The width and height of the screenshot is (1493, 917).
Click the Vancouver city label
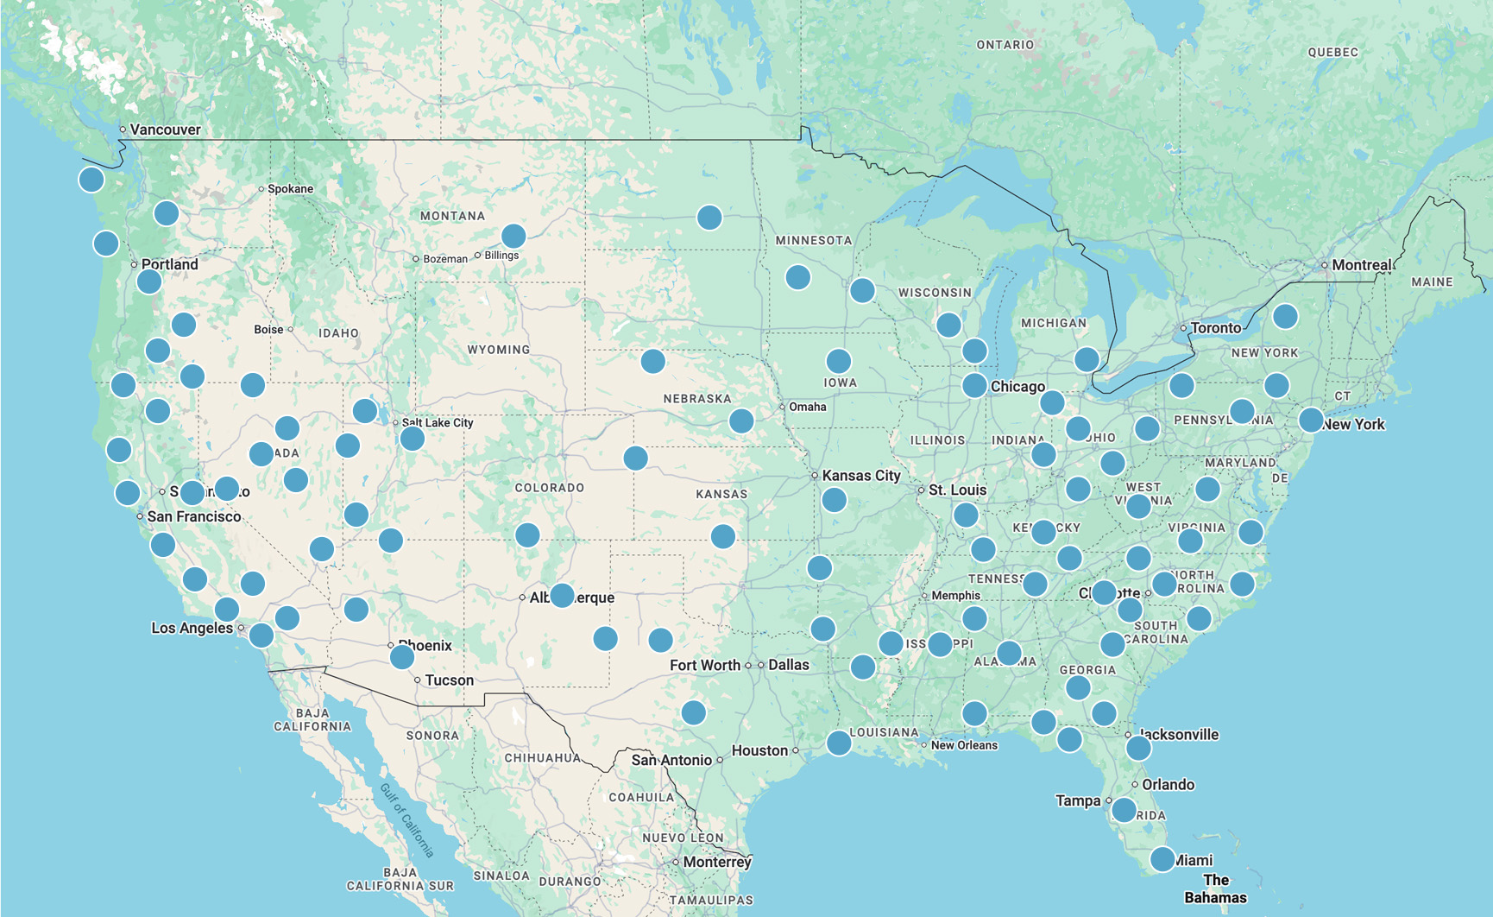click(165, 130)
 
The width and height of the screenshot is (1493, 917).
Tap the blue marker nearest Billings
click(513, 236)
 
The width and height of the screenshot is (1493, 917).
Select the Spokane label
click(290, 189)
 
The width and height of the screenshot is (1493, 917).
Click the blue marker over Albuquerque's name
click(562, 595)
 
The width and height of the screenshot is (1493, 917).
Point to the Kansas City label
click(860, 476)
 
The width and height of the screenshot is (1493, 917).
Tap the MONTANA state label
click(452, 216)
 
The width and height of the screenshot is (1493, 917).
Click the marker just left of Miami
click(1162, 859)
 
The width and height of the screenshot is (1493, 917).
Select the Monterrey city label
click(716, 862)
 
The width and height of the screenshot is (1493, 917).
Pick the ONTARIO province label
click(1005, 45)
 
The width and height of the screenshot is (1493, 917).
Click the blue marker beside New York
click(1311, 421)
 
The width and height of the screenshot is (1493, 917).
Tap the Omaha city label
click(807, 407)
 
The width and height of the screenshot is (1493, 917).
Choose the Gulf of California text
click(406, 819)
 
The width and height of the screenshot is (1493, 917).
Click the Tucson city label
click(449, 680)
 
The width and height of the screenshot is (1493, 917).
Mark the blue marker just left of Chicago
click(974, 385)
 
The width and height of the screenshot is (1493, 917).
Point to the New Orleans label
click(963, 745)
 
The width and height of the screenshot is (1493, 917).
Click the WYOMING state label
click(498, 350)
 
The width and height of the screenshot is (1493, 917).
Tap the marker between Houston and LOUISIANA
click(839, 743)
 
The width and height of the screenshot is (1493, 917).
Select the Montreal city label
click(1361, 265)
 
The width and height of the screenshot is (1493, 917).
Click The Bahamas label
click(1215, 889)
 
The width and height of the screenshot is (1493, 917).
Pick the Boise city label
click(268, 330)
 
